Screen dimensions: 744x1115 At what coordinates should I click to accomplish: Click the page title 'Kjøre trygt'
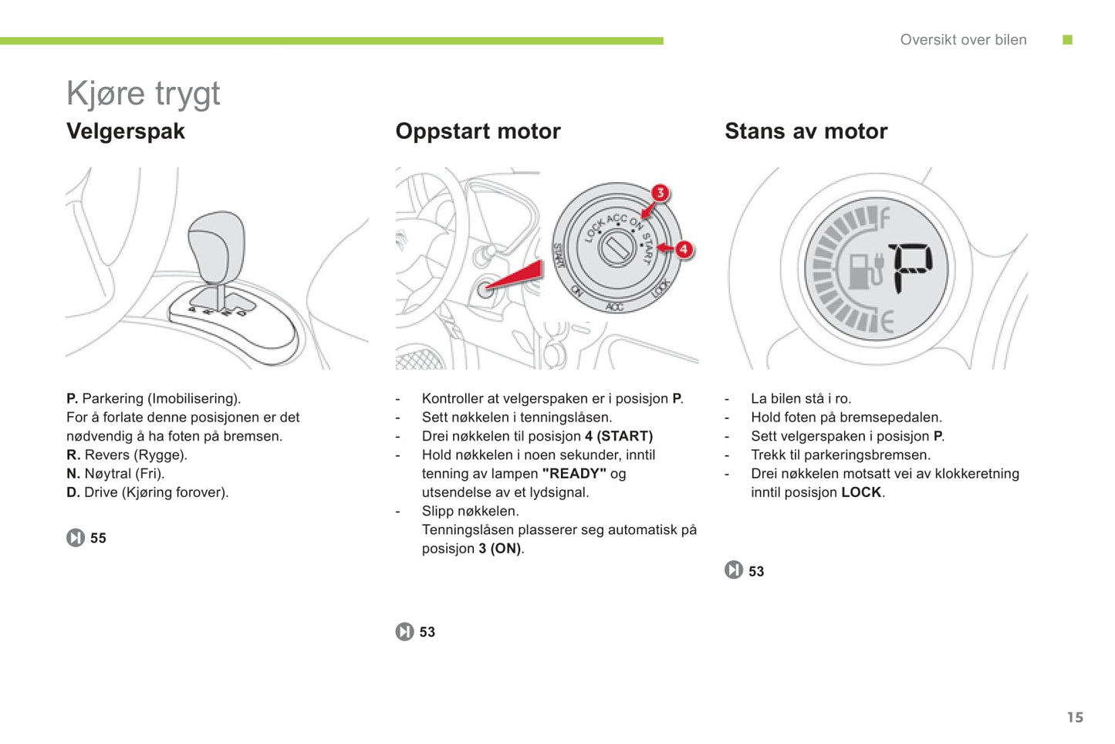click(x=143, y=94)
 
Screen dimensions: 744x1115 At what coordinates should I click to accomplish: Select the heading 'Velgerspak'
click(x=126, y=131)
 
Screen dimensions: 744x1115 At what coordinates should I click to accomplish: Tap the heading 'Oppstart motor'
click(x=478, y=131)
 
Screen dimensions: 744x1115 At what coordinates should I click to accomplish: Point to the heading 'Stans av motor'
click(x=806, y=131)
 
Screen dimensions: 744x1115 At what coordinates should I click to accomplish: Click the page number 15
click(x=1075, y=718)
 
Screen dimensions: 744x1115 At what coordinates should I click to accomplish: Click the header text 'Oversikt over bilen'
click(x=963, y=40)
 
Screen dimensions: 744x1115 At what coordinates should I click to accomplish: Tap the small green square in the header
click(x=1068, y=40)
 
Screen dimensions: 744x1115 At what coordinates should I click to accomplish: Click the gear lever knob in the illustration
click(x=217, y=245)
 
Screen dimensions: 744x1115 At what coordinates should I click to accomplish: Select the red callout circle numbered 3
click(x=660, y=193)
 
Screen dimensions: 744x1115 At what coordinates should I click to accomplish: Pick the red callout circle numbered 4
click(x=684, y=249)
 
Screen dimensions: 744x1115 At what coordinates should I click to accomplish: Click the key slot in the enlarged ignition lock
click(x=617, y=249)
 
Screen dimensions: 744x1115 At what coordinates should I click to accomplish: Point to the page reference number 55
click(x=98, y=539)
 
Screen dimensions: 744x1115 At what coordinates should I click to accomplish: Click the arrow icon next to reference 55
click(x=76, y=538)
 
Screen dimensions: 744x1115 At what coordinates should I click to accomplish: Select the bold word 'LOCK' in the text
click(x=861, y=492)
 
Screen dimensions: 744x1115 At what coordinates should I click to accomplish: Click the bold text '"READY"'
click(x=574, y=474)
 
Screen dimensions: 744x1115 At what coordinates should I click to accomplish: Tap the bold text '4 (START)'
click(x=619, y=436)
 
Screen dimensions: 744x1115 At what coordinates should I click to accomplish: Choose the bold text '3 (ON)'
click(x=500, y=549)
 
